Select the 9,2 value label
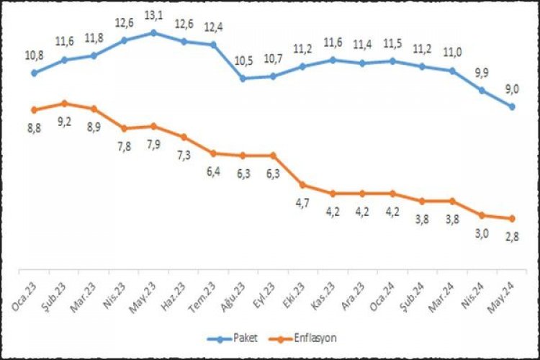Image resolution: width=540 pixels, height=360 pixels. click(x=65, y=121)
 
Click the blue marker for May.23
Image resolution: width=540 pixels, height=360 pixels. click(x=154, y=32)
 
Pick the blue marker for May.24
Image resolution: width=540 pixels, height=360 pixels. click(x=511, y=107)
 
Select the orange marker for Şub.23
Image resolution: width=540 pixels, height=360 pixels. click(x=65, y=103)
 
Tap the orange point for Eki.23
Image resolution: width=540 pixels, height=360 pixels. click(x=303, y=185)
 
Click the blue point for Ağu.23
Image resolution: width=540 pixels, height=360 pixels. click(x=243, y=78)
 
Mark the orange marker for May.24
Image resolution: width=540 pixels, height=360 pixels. click(x=511, y=219)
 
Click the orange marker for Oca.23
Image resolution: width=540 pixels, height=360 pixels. click(x=35, y=109)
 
